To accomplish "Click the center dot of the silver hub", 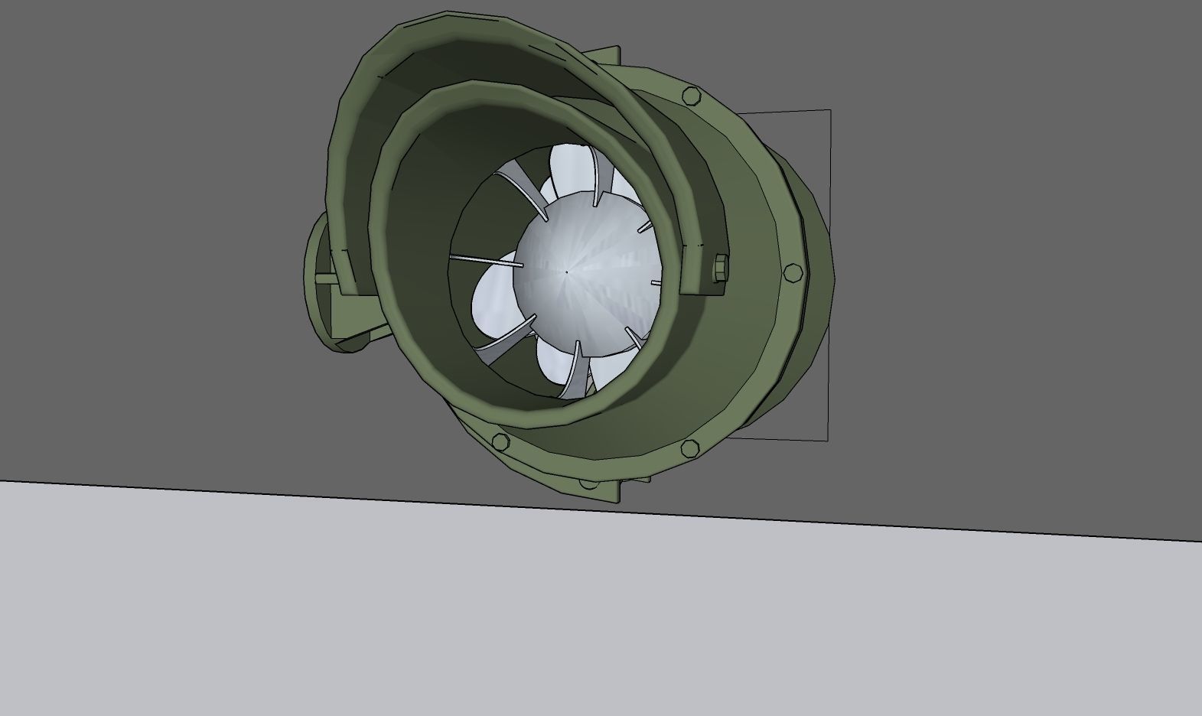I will pos(566,272).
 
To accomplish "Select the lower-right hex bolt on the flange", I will pos(689,449).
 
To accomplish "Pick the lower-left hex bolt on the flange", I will pos(499,441).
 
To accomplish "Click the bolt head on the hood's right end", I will pos(720,268).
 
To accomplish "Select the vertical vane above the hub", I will pos(594,176).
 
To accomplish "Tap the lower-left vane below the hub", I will pos(505,335).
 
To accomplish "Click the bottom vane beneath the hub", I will pos(572,371).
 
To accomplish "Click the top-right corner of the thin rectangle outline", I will pos(830,111).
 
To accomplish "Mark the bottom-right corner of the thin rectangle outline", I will pos(827,440).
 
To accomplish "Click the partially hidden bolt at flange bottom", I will pos(588,483).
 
